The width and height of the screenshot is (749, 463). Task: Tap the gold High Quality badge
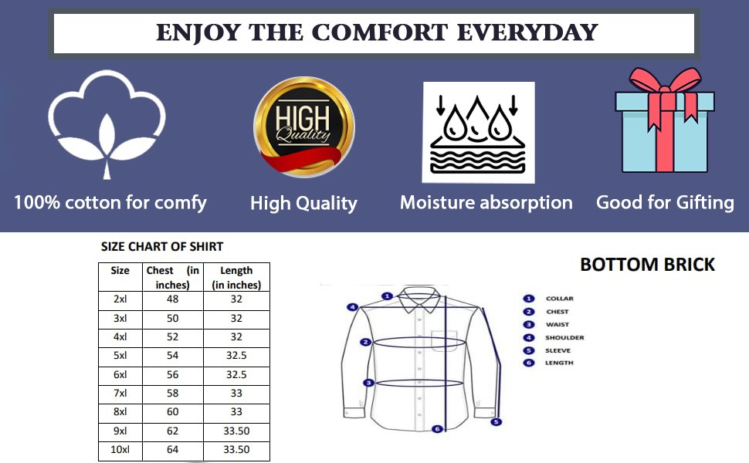(303, 127)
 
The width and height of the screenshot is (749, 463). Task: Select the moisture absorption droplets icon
(478, 132)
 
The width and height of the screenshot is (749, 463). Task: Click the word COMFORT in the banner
(380, 33)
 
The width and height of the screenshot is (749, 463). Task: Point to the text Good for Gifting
(665, 202)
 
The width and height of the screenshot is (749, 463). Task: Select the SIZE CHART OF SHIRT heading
(162, 246)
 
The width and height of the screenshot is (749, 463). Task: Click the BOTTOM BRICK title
(647, 265)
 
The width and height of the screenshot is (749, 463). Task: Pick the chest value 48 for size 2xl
(172, 299)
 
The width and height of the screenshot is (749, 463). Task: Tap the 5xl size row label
(120, 356)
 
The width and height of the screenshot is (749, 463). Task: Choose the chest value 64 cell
(172, 450)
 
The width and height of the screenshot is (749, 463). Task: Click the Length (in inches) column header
(236, 277)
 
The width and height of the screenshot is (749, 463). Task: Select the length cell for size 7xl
(236, 394)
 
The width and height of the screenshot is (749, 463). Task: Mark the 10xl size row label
(120, 450)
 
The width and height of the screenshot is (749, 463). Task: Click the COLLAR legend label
(559, 299)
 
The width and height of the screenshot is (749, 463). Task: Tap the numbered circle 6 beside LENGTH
(528, 363)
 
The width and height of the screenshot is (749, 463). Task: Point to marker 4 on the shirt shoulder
(352, 307)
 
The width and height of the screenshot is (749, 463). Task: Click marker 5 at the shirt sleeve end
(497, 422)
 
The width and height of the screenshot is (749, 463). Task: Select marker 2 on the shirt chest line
(365, 342)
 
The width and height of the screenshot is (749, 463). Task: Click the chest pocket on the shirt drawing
(444, 341)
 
